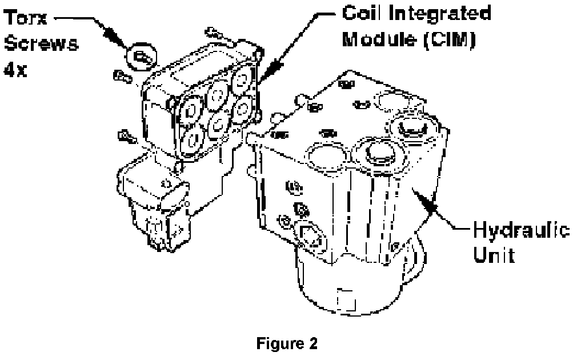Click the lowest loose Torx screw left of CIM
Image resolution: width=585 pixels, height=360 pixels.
[124, 136]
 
